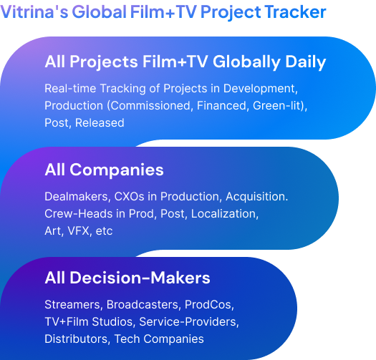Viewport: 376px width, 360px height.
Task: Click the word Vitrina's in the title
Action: pos(34,11)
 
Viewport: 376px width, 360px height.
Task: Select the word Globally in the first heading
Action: pos(246,62)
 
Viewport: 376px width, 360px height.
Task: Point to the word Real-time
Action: pos(70,88)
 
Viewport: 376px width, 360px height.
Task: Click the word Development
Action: pos(261,89)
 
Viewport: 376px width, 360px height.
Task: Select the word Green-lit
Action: pos(277,106)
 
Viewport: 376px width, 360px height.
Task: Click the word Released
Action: pos(100,122)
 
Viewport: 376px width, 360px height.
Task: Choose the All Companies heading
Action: pos(104,170)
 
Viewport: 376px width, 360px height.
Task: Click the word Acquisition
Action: pos(257,197)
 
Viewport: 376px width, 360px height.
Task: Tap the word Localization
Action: pos(225,214)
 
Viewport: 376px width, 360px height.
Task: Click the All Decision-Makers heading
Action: pos(127,278)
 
